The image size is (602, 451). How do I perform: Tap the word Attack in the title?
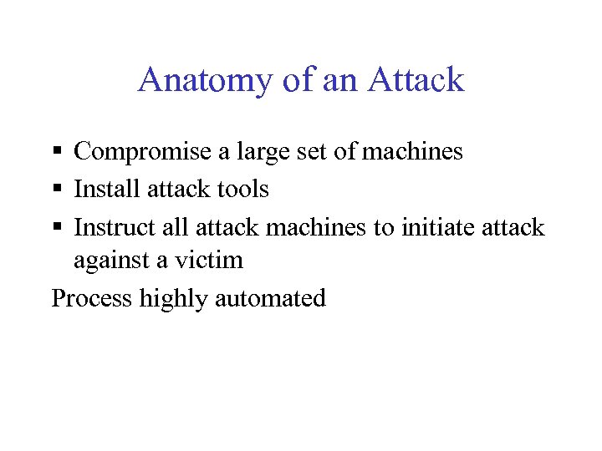pos(416,80)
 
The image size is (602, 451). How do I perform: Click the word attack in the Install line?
pos(178,190)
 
